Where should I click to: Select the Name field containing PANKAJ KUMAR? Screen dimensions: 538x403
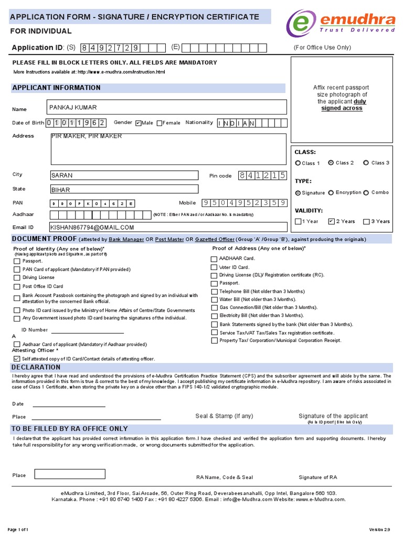[167, 107]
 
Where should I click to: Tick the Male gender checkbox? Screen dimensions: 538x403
[139, 123]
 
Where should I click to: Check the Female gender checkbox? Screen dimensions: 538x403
[160, 123]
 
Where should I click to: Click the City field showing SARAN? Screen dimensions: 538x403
[124, 175]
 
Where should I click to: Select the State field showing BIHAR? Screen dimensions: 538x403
[124, 189]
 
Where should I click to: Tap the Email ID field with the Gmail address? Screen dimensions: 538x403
[168, 227]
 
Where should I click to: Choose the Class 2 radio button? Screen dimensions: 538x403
[331, 163]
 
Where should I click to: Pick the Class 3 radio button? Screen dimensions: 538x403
[366, 163]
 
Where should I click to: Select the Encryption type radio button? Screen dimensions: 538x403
[331, 193]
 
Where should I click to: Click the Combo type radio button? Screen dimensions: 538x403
[366, 193]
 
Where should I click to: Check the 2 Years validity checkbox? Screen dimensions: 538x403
[331, 221]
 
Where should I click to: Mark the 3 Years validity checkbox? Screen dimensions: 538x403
[366, 221]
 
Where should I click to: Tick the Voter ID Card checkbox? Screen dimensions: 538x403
[214, 267]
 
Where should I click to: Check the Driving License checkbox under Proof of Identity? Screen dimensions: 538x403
[17, 277]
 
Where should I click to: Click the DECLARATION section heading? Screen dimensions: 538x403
[36, 367]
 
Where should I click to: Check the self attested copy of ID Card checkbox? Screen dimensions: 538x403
[17, 358]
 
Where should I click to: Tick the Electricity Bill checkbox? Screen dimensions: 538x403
[214, 316]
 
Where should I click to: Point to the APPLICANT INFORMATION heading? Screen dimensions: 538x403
[56, 88]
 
